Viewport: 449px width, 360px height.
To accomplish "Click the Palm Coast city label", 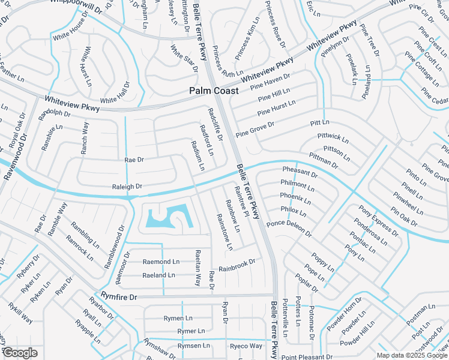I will (x=214, y=91).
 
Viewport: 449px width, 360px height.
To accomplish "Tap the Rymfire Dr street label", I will (x=119, y=296).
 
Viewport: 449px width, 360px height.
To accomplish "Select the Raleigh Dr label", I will (x=127, y=187).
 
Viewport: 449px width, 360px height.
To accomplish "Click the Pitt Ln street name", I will (x=316, y=122).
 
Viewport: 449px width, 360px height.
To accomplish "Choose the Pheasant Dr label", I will (x=300, y=173).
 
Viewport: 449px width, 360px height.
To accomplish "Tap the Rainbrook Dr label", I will (x=237, y=264).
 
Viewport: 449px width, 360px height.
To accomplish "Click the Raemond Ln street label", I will (x=160, y=262).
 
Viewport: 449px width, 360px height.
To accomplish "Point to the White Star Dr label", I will (x=184, y=58).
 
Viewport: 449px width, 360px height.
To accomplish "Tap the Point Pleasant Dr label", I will (x=306, y=357).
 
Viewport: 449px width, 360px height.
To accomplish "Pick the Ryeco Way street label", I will (x=246, y=346).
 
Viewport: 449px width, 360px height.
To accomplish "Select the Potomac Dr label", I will (x=311, y=321).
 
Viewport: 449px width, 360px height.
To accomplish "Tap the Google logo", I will (x=19, y=353).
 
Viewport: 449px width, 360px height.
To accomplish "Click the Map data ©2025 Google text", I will (x=412, y=355).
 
